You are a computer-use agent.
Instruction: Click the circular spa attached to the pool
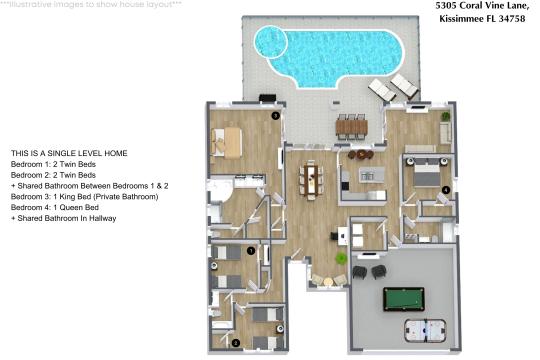pos(270,41)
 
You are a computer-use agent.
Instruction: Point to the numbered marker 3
pos(275,116)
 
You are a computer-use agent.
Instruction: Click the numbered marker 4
pos(445,188)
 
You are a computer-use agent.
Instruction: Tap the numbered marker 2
pos(235,342)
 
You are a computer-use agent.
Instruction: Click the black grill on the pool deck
pos(267,98)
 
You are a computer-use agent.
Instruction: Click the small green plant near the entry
pos(341,258)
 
